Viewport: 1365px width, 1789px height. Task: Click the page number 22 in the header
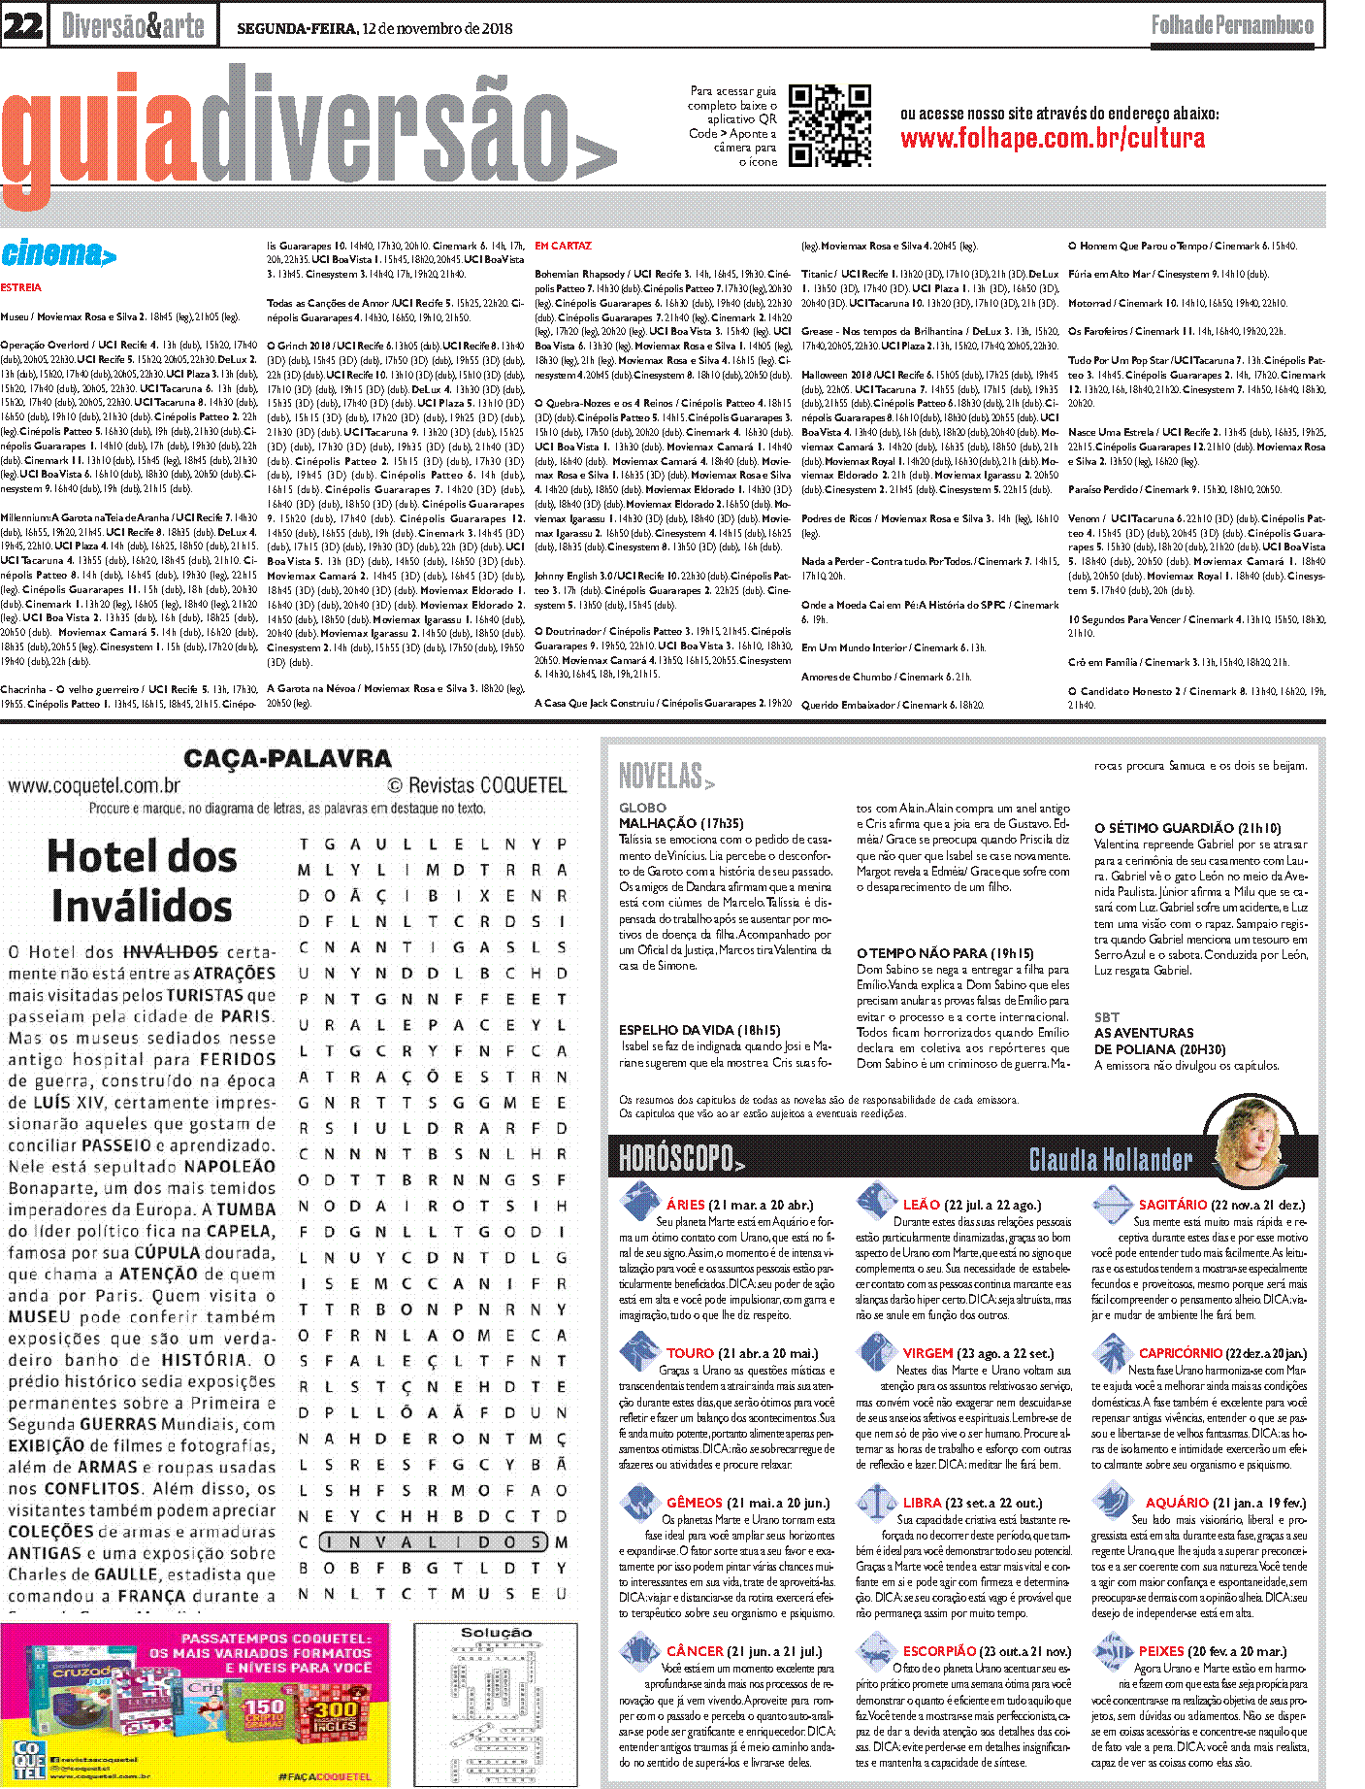(x=22, y=25)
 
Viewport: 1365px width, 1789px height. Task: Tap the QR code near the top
(x=829, y=126)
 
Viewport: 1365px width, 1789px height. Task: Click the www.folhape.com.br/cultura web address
(x=1053, y=138)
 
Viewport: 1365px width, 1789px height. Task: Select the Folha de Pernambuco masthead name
(x=1232, y=25)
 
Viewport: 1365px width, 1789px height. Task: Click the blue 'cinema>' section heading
(x=58, y=254)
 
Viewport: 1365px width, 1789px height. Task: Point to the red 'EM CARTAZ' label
(x=563, y=247)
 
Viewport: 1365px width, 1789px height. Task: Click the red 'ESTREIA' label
(x=21, y=287)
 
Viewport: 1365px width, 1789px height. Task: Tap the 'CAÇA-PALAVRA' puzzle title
(x=287, y=759)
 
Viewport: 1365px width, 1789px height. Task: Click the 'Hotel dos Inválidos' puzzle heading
(x=142, y=880)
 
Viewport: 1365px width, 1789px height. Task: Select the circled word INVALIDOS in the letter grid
(x=433, y=1542)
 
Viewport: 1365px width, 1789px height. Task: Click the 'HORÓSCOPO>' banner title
(x=682, y=1158)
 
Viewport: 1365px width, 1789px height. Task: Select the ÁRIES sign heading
(x=685, y=1205)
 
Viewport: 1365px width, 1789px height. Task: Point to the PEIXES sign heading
(x=1160, y=1651)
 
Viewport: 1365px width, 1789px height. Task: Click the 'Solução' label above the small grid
(x=496, y=1633)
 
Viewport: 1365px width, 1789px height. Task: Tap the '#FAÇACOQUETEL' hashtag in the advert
(x=324, y=1776)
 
